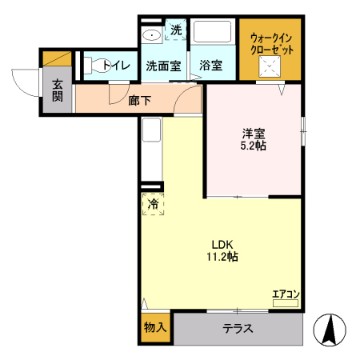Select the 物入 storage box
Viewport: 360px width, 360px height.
tap(155, 328)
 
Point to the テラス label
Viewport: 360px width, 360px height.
tap(238, 328)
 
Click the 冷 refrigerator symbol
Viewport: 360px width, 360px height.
tap(153, 204)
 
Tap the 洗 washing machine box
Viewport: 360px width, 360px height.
tap(175, 31)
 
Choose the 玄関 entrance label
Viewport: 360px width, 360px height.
tap(58, 90)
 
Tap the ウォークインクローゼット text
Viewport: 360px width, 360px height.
tap(272, 44)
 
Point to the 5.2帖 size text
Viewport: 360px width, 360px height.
tap(254, 146)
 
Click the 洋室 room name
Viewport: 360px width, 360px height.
tap(254, 134)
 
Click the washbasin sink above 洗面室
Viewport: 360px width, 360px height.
tap(150, 35)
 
